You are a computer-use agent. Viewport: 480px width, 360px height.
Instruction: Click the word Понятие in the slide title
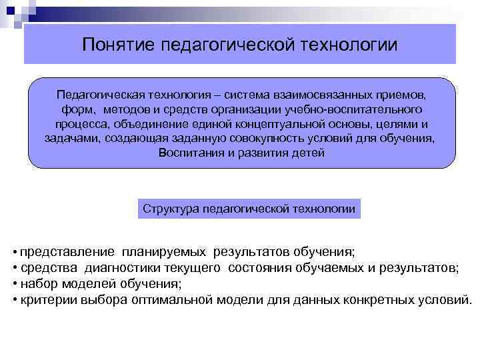(117, 45)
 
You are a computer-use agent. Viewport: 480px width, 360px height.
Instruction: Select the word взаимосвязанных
(323, 95)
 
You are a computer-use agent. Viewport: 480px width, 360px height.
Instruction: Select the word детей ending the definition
(308, 153)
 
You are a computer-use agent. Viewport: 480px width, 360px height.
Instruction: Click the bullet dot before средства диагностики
(15, 269)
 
